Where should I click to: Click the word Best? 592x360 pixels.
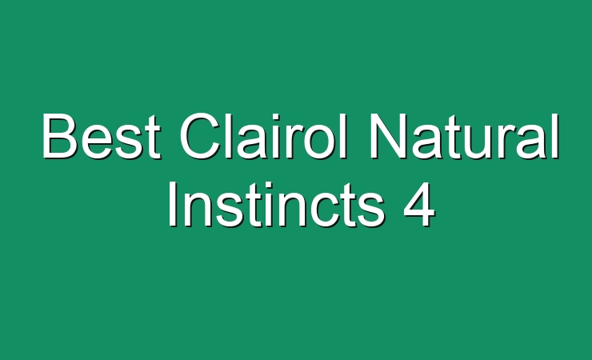102,136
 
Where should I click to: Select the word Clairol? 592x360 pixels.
262,136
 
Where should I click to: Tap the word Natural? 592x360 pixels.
463,136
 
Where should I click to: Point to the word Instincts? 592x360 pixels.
276,204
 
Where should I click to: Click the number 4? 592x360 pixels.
419,204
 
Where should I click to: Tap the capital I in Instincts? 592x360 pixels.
173,204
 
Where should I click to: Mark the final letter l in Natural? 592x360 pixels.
555,136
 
